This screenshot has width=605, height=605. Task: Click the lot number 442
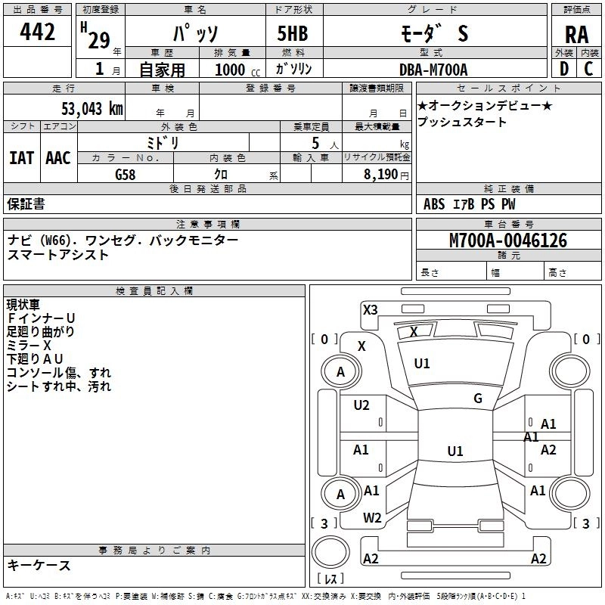tap(39, 32)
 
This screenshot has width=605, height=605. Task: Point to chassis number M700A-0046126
tap(508, 241)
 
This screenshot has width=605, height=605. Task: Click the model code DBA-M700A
tap(433, 70)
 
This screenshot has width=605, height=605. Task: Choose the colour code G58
tap(126, 175)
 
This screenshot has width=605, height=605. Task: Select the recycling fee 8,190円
tap(386, 175)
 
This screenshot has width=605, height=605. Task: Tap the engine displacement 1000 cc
tap(234, 70)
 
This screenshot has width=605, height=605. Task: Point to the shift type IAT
tap(21, 157)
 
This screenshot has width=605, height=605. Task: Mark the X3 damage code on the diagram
tap(371, 309)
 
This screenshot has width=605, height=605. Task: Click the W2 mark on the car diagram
tap(372, 517)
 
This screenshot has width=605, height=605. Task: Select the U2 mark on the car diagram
tap(361, 405)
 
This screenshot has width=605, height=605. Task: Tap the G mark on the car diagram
tap(478, 399)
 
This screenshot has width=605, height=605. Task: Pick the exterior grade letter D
tap(563, 70)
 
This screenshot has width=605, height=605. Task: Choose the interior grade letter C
tap(588, 70)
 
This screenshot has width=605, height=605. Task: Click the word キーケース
tap(39, 566)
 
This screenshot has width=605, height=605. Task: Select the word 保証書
tap(26, 204)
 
